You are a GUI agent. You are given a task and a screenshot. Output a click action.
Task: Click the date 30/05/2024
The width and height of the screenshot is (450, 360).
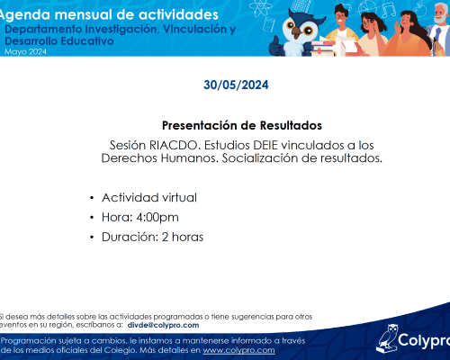point(236,85)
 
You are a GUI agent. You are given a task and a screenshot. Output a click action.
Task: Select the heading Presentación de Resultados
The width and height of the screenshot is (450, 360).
point(242,125)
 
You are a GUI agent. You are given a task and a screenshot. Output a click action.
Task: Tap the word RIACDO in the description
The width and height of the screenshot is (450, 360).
point(173,145)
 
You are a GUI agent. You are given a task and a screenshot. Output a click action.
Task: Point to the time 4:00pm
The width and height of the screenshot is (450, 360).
point(157,218)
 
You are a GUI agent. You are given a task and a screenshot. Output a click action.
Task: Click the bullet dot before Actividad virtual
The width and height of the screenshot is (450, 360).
point(92,198)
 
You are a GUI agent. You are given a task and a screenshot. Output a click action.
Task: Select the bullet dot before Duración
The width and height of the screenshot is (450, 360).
point(92,238)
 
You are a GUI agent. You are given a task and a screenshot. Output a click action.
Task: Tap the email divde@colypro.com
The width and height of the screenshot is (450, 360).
point(163,325)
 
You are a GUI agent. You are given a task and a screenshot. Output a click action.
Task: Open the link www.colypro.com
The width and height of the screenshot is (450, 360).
point(238,350)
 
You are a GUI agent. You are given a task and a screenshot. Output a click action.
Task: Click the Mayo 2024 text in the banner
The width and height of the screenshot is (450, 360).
point(25,52)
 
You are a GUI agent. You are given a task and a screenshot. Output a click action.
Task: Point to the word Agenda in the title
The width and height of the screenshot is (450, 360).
point(25,15)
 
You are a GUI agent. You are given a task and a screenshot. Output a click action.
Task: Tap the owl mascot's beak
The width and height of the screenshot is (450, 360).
point(298,31)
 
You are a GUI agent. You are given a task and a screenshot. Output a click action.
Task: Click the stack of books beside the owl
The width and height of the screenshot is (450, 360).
point(323,49)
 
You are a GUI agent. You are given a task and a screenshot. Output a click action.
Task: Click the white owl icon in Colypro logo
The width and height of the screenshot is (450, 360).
point(387,338)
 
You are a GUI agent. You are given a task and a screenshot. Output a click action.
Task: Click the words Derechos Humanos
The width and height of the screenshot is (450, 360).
point(159,158)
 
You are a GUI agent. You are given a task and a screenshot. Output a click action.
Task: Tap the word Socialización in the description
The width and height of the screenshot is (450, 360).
point(260,158)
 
